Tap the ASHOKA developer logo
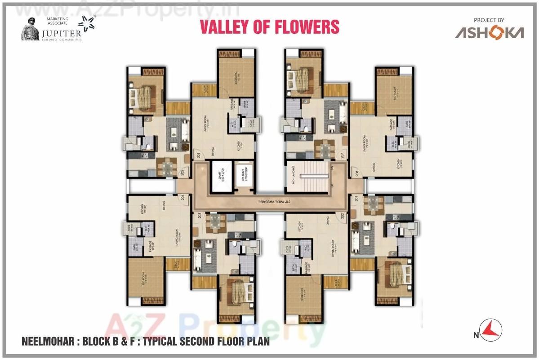pyautogui.click(x=489, y=33)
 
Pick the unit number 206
pyautogui.click(x=198, y=156)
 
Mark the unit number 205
pyautogui.click(x=183, y=171)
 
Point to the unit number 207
pyautogui.click(x=343, y=156)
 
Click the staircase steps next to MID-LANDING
pyautogui.click(x=315, y=173)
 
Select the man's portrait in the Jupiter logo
pyautogui.click(x=31, y=30)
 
